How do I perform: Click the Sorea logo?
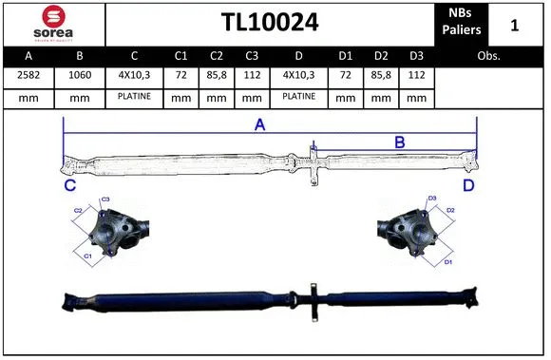[x=52, y=24]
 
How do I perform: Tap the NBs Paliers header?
[x=461, y=23]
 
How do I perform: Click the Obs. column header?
[x=489, y=57]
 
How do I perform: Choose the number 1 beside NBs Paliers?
[x=514, y=24]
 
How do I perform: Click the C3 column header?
[x=252, y=57]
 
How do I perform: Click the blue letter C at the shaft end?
[x=69, y=185]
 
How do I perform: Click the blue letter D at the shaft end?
[x=468, y=184]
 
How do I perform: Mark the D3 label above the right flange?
[x=432, y=199]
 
